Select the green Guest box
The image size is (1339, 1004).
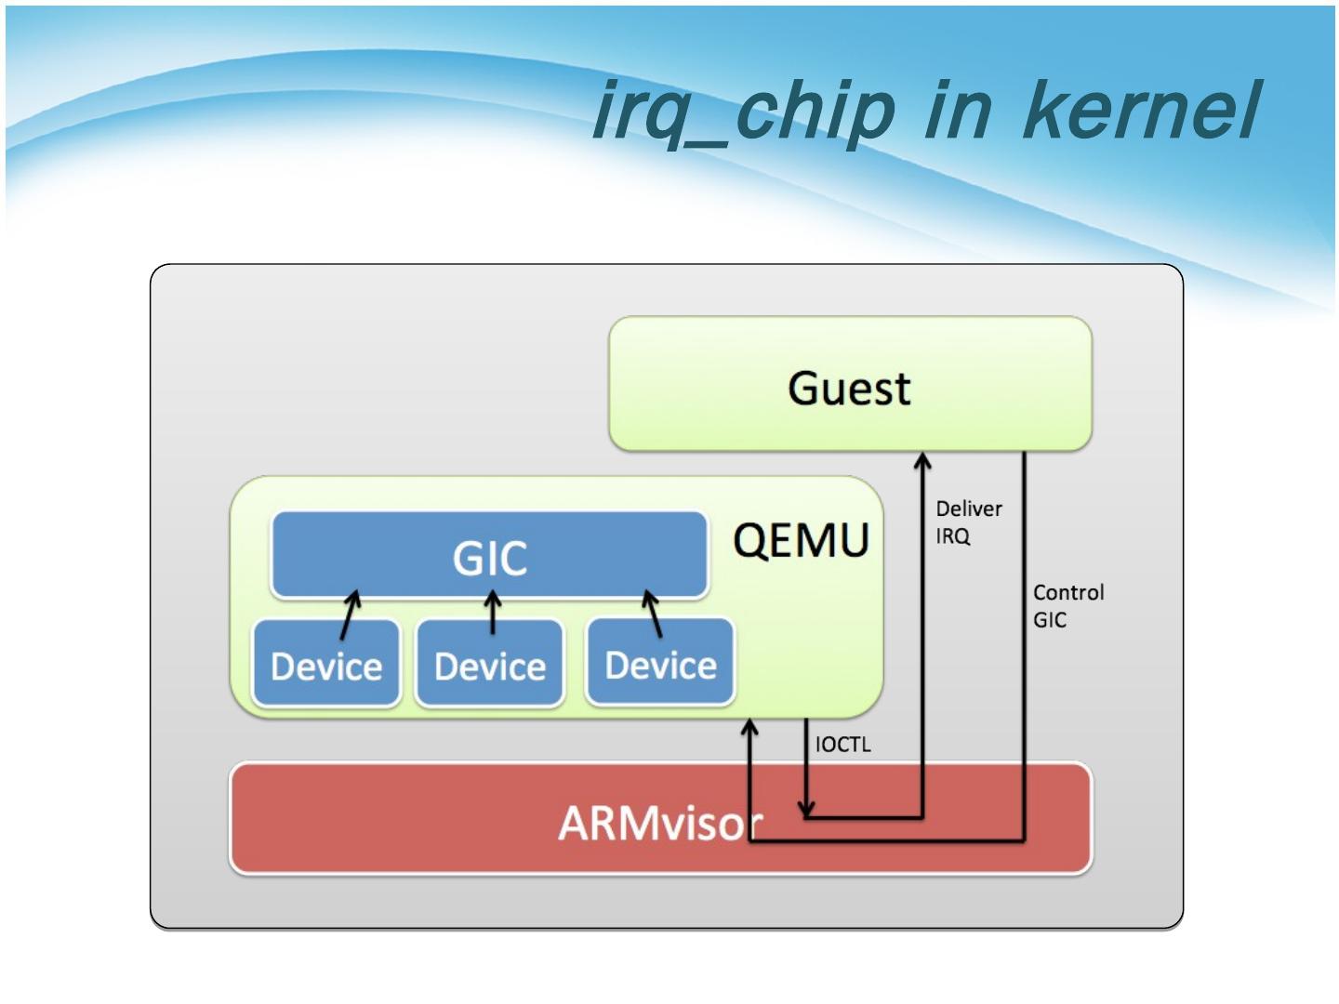point(850,385)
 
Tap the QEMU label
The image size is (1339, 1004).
point(801,540)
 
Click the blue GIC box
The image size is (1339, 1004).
point(489,556)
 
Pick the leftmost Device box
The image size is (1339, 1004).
point(326,665)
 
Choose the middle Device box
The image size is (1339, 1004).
point(490,665)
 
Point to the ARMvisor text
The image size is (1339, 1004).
point(659,822)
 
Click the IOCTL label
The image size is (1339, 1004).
point(842,744)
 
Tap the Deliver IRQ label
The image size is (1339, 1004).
point(968,522)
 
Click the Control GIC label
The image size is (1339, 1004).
point(1067,606)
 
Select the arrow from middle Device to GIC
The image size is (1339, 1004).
point(493,614)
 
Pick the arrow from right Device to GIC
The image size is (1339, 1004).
point(653,614)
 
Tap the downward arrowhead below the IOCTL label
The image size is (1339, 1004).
point(806,809)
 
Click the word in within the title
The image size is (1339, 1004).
point(967,110)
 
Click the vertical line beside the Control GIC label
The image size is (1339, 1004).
point(1024,651)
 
